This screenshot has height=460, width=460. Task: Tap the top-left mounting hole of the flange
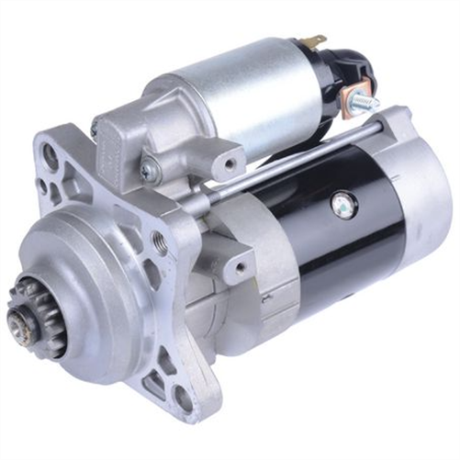[50, 157]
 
